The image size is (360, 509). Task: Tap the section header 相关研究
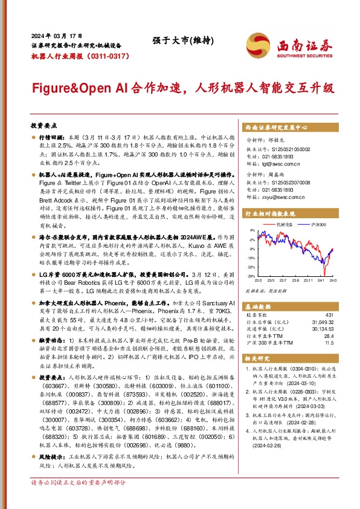(257, 358)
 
